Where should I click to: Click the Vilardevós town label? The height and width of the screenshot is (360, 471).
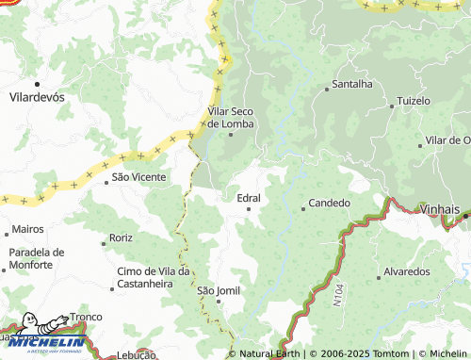coord(36,96)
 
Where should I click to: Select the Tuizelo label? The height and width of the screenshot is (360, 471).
coord(414,100)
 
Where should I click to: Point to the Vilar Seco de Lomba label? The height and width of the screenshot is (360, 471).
coord(231,117)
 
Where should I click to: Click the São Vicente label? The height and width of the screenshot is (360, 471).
coord(138,176)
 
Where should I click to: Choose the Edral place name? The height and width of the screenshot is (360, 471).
coord(249,198)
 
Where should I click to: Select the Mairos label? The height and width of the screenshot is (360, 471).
coord(28,229)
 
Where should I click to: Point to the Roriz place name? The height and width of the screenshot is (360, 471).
coord(120,237)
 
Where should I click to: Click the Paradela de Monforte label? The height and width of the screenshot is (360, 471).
coord(37,259)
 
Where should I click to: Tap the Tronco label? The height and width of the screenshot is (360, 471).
coord(86,318)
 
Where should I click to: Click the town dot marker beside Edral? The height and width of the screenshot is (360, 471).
coord(249,209)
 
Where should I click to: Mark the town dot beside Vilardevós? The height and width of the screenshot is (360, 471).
coord(36,84)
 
